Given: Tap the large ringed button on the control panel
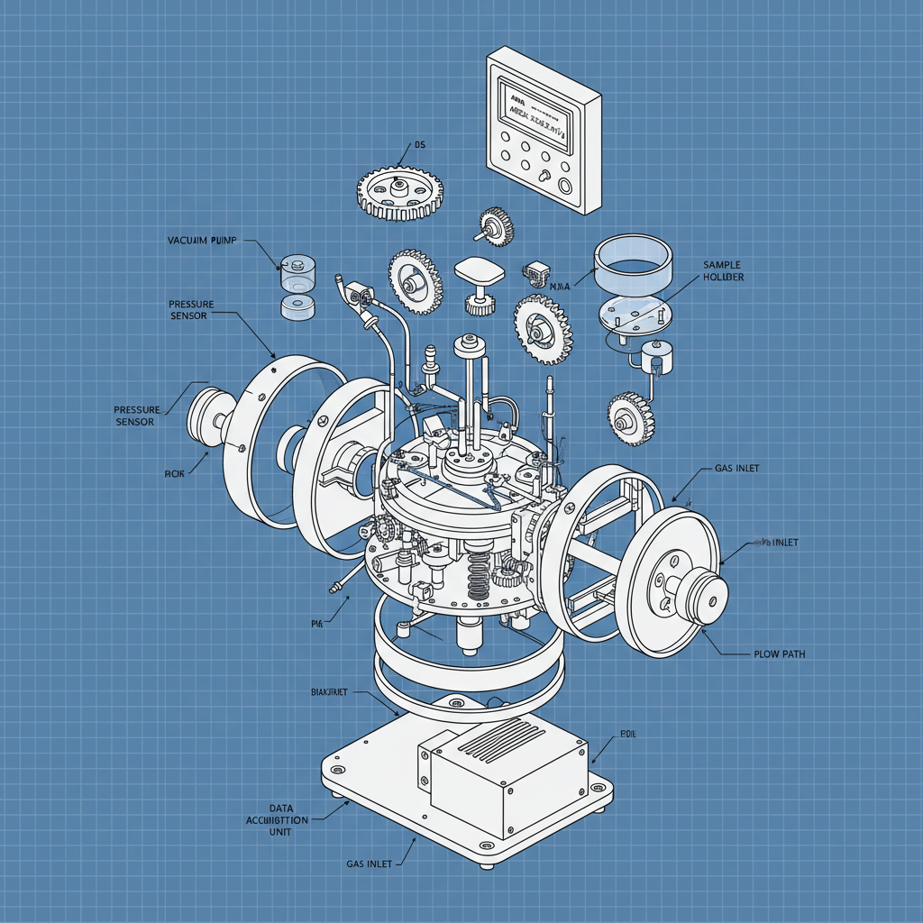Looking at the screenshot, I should (565, 187).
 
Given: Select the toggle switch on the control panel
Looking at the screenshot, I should (544, 175).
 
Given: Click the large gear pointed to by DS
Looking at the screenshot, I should (400, 190).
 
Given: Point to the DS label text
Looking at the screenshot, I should (419, 144).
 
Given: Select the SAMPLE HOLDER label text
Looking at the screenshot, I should (721, 271).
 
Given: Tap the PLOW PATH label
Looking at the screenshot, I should (779, 653).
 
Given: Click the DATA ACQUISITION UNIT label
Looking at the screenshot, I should (276, 820).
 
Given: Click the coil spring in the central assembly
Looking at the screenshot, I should (479, 577).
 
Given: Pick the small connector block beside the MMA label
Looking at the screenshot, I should (535, 271).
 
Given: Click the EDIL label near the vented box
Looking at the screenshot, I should (627, 735).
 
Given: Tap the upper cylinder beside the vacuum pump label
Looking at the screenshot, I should (297, 270).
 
